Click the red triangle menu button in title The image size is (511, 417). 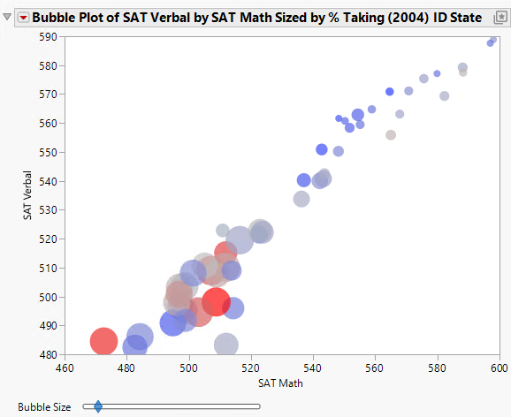coord(23,18)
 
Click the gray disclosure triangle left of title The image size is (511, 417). coord(8,18)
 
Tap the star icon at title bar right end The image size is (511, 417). coord(500,18)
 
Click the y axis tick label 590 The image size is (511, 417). coord(47,36)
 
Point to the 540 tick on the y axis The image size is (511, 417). coord(47,181)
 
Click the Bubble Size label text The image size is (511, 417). coord(44,407)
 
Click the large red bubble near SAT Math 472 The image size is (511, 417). coord(103,340)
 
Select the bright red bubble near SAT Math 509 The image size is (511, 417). coord(216,301)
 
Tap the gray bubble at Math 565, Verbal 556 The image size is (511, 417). coord(391,135)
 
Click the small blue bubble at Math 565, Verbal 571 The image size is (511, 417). coord(390,92)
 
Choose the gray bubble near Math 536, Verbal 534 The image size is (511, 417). coord(301,200)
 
